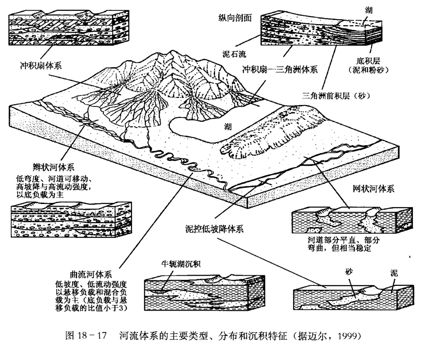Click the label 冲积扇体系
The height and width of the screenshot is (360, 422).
pos(41,66)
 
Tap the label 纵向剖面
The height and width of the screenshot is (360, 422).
pos(235,18)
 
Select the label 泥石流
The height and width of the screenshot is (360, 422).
pos(234,54)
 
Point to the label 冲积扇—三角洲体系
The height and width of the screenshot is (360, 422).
pos(280,69)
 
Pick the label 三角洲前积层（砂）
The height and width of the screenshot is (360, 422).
pos(336,96)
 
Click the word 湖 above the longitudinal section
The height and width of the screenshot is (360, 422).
pos(369,10)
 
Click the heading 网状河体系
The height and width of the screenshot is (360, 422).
pos(373,189)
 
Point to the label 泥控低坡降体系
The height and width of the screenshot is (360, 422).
pos(214,229)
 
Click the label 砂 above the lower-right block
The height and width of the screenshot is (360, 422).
pos(349,272)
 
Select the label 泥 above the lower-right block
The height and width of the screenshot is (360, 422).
pos(394,273)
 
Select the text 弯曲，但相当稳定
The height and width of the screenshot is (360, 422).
pos(339,248)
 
